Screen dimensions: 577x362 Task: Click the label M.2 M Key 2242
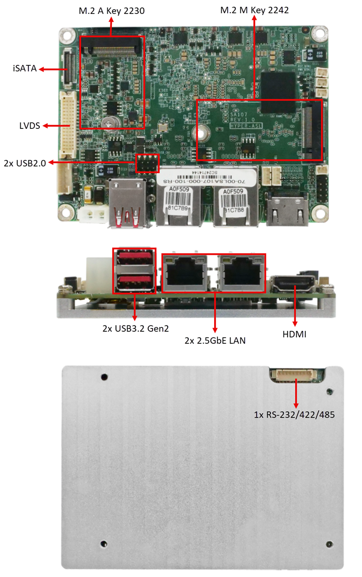pos(254,10)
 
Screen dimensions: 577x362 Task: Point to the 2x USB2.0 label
pos(24,163)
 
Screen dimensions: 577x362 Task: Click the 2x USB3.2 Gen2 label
pos(135,329)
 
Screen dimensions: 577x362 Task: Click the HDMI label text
pos(295,334)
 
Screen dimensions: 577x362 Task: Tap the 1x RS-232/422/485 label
pos(294,414)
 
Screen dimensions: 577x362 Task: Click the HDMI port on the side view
pos(293,284)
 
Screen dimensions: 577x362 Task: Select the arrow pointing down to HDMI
pos(295,308)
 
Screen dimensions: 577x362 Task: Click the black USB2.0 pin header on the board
pos(147,163)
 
